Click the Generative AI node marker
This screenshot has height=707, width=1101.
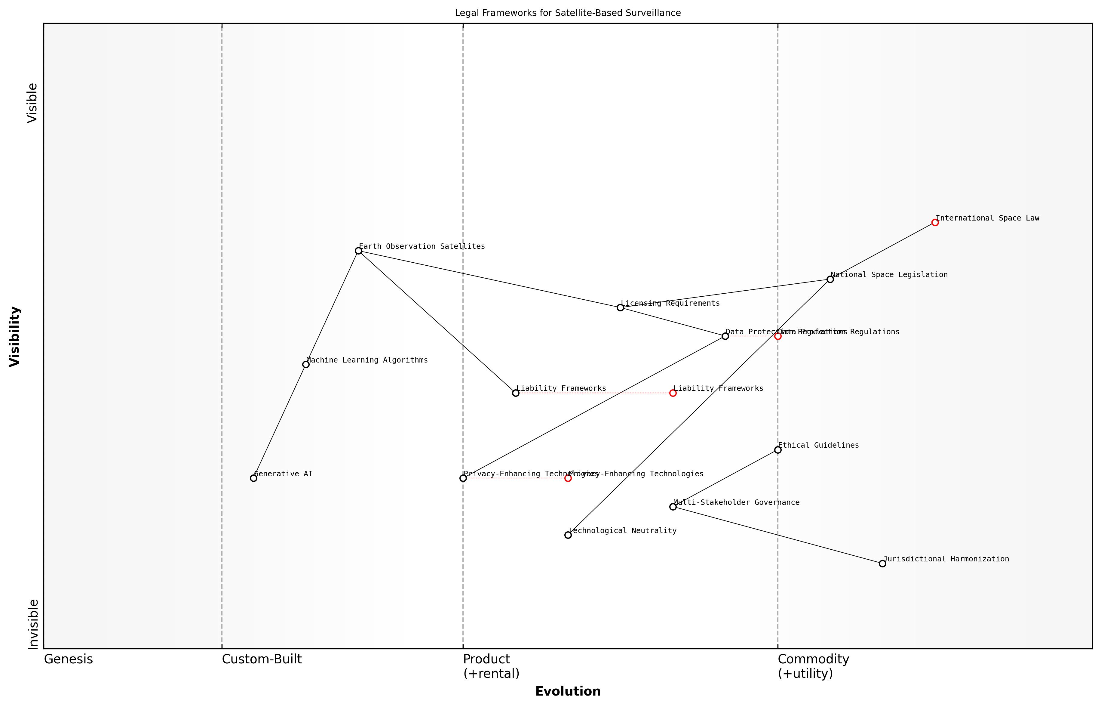[253, 478]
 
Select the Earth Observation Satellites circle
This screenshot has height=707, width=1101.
[358, 251]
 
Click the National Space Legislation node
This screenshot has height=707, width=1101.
[830, 279]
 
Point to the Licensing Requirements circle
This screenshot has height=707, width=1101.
[620, 307]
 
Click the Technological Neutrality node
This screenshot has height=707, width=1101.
[568, 535]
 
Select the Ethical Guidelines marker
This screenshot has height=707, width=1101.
[777, 450]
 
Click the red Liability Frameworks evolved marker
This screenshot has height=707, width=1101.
[673, 393]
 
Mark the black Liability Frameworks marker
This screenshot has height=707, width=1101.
[516, 393]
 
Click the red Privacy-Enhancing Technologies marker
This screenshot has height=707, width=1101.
[568, 478]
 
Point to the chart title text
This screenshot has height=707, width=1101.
[567, 13]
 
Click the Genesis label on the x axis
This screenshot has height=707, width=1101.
[68, 659]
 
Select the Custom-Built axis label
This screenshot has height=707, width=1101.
[262, 659]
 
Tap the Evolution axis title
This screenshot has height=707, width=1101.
[567, 691]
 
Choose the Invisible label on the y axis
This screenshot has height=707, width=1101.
[33, 624]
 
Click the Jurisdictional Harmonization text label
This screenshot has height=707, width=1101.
[946, 559]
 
